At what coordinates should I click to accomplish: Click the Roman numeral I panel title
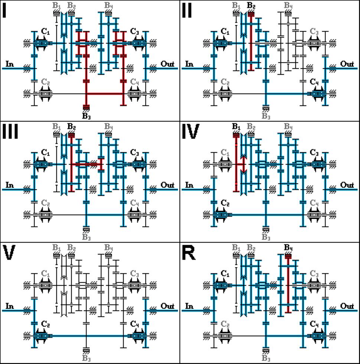click(4, 11)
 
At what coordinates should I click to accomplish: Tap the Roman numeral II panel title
click(187, 11)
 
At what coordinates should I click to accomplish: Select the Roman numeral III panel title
click(10, 131)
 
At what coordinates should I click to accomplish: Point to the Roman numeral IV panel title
click(190, 131)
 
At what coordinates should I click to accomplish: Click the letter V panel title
click(9, 253)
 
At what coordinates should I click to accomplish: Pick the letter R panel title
click(189, 253)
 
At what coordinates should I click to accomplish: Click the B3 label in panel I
click(86, 116)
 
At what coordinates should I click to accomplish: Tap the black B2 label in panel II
click(251, 5)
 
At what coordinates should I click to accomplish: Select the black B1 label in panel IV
click(236, 127)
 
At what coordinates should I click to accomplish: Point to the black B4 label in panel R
click(288, 248)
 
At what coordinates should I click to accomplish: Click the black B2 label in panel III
click(71, 127)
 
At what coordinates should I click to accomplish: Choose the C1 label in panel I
click(45, 31)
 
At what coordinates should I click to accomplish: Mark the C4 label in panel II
click(314, 82)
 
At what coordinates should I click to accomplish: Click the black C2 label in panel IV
click(225, 203)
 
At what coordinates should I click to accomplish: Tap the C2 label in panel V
click(45, 324)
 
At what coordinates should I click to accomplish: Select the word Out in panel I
click(167, 64)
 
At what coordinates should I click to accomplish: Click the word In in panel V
click(10, 306)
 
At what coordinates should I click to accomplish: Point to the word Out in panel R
click(347, 306)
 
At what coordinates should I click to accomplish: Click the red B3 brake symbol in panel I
click(86, 107)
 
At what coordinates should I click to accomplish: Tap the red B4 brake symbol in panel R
click(288, 256)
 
